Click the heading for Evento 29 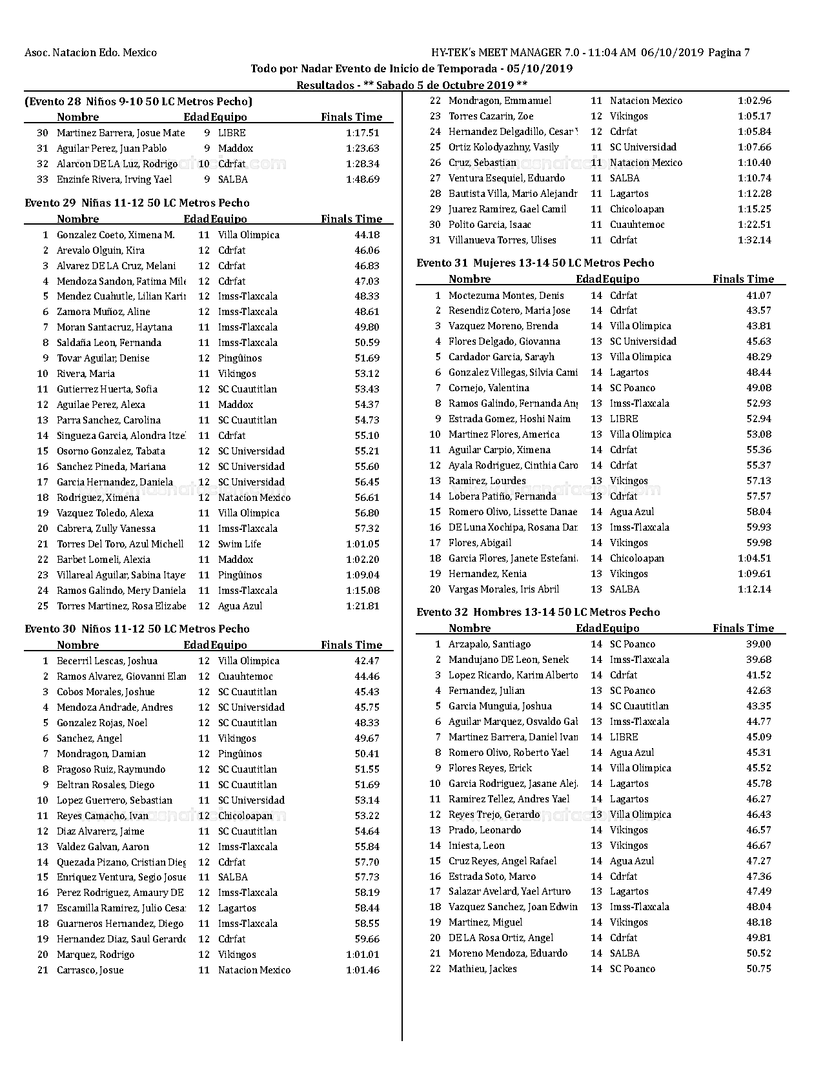(x=137, y=203)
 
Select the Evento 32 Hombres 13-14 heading (x=538, y=612)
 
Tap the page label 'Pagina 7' (x=729, y=53)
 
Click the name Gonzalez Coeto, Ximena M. (x=116, y=235)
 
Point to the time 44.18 (x=367, y=235)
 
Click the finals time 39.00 (x=758, y=644)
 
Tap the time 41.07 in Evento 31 (x=758, y=296)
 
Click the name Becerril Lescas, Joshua (x=107, y=661)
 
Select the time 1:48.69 (x=363, y=179)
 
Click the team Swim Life (x=239, y=544)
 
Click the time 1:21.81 (x=363, y=606)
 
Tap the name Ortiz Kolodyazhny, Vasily (x=503, y=147)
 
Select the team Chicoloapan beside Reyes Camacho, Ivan (x=245, y=816)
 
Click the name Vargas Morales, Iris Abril (x=503, y=589)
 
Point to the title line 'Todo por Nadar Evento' (x=411, y=68)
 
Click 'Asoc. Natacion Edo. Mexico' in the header (x=90, y=53)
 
